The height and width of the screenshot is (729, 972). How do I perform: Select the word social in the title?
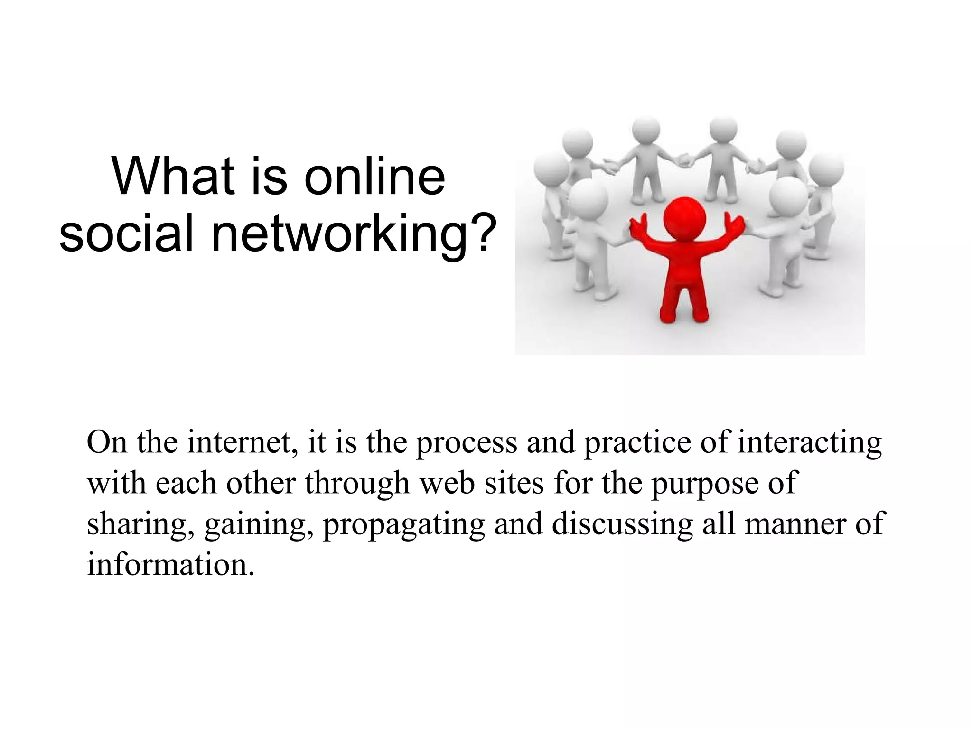tap(126, 233)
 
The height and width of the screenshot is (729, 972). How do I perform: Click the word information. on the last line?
tap(171, 565)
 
